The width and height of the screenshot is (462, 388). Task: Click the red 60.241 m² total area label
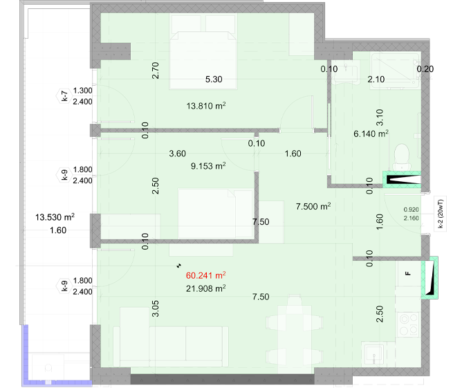(x=205, y=275)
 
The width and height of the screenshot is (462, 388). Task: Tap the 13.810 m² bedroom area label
(x=206, y=106)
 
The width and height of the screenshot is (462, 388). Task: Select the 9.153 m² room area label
(x=208, y=166)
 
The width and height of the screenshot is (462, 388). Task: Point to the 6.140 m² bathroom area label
(x=371, y=133)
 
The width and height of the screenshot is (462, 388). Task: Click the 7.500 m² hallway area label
(x=313, y=206)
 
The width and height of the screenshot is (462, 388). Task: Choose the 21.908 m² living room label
(x=205, y=288)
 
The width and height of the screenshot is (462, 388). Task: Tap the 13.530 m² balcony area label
(x=55, y=217)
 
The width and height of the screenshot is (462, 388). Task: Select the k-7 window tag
(x=64, y=96)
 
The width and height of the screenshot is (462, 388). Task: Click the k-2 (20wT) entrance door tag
(x=441, y=214)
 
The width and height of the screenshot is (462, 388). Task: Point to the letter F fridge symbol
(x=408, y=273)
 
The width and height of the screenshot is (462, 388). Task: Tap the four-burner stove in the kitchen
(x=408, y=324)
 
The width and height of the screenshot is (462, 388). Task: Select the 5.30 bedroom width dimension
(x=214, y=80)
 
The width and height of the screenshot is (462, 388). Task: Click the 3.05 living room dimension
(x=156, y=308)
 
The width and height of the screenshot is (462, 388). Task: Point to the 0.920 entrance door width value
(x=411, y=210)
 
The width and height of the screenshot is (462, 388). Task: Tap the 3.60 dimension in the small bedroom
(x=177, y=154)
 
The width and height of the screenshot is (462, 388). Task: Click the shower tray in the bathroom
(x=396, y=71)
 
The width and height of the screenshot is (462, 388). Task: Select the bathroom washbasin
(x=346, y=73)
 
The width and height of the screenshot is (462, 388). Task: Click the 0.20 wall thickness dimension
(x=425, y=69)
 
